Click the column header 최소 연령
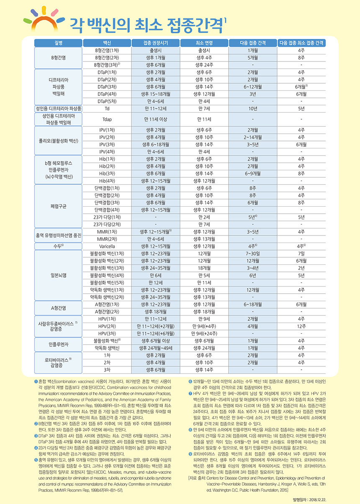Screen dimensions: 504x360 pyautogui.click(x=204, y=43)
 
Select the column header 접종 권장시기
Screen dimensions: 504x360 pyautogui.click(x=155, y=43)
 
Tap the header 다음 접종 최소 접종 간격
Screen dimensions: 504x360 pyautogui.click(x=301, y=43)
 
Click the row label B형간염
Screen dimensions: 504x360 pyautogui.click(x=58, y=57)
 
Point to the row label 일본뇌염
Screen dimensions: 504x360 pyautogui.click(x=58, y=275)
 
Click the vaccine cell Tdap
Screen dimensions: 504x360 pyautogui.click(x=107, y=119)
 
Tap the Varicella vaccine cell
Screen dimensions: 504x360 pyautogui.click(x=107, y=246)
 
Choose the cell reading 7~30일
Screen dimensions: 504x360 pyautogui.click(x=252, y=253)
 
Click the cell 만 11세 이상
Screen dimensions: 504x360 pyautogui.click(x=155, y=119)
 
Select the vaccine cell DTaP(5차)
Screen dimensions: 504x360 pyautogui.click(x=107, y=101)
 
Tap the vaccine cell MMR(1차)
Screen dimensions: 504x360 pyautogui.click(x=107, y=231)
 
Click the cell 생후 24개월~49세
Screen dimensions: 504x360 pyautogui.click(x=155, y=347)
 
